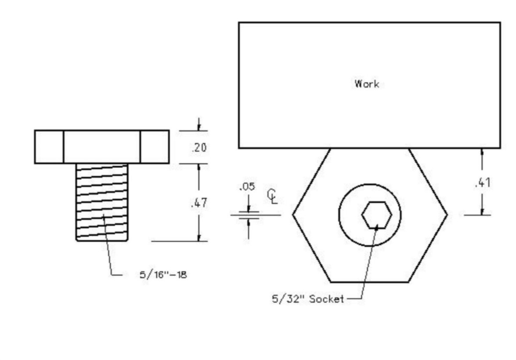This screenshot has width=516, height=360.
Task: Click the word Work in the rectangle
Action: pos(367,84)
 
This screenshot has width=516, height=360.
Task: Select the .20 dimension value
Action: pos(199,148)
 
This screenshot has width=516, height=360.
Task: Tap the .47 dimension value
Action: pos(199,203)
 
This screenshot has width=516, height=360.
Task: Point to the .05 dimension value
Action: pos(247,187)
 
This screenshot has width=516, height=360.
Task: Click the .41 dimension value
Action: pos(483,182)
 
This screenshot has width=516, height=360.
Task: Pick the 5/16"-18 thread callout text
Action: pos(163,275)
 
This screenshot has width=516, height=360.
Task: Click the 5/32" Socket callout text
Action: pos(308,299)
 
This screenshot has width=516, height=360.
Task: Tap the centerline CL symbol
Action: pos(272,196)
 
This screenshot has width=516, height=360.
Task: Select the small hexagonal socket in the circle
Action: pos(377,215)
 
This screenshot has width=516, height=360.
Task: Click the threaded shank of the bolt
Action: pos(102,202)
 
